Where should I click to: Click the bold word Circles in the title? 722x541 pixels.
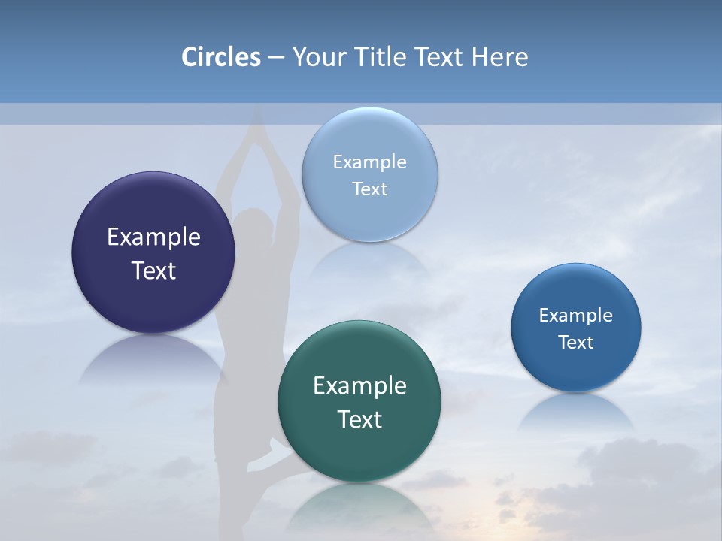coord(221,57)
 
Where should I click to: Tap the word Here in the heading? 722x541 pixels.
coord(499,57)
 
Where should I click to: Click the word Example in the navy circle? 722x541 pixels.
coord(153,237)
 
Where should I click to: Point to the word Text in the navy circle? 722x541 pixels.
coord(153,271)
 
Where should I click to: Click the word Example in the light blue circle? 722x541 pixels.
coord(369,162)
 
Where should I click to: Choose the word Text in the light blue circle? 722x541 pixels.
coord(369,189)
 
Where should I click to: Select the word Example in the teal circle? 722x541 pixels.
coord(359,386)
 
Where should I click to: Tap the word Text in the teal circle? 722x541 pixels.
coord(359,420)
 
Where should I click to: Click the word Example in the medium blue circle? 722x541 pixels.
coord(576,316)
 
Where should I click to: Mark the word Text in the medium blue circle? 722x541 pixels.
coord(576,343)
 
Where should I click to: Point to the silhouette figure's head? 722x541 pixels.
coord(254,223)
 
